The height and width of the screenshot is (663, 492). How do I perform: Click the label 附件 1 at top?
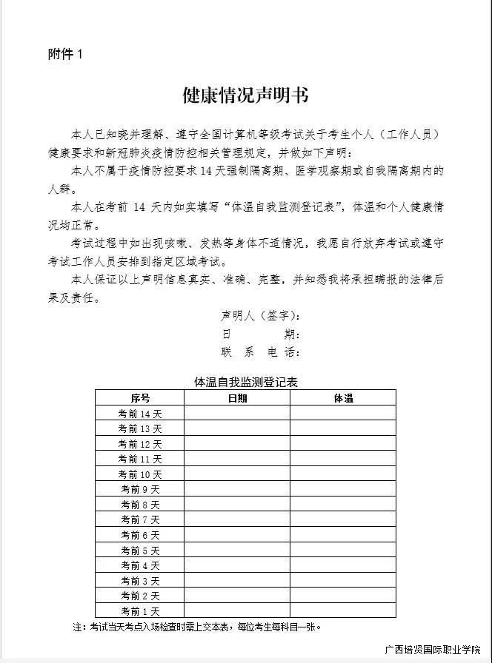tap(66, 55)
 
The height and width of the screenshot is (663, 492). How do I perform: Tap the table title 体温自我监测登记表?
tap(245, 382)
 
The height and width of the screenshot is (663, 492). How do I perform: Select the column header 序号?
tap(140, 398)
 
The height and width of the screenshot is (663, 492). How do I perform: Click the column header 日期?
tap(237, 398)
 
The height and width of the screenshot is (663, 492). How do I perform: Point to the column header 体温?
tap(343, 398)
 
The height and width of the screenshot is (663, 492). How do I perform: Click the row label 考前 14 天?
tap(140, 414)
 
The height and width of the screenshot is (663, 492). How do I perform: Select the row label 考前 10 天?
tap(140, 474)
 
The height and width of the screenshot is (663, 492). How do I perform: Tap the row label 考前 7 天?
tap(140, 519)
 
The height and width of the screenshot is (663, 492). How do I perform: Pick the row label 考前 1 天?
tap(140, 610)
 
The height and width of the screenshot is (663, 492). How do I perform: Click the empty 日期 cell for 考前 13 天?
tap(237, 428)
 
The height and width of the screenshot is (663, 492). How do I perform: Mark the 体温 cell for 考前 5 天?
tap(343, 550)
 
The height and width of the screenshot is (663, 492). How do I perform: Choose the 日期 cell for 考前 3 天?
tap(237, 580)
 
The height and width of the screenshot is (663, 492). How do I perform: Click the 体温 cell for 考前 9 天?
tap(343, 489)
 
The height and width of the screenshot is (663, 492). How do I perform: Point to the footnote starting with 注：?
tap(197, 627)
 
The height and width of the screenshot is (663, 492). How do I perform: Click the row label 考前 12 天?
tap(140, 444)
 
